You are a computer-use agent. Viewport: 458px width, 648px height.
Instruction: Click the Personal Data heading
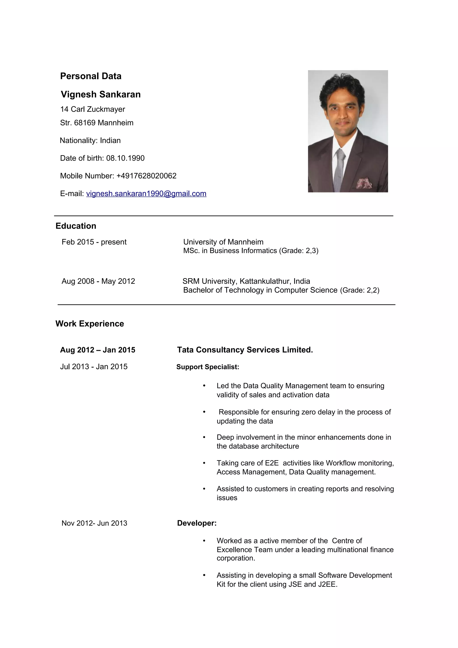(x=91, y=76)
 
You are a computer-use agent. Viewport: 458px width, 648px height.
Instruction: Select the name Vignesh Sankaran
(x=101, y=94)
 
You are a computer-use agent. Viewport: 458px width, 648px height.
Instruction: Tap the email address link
(x=146, y=194)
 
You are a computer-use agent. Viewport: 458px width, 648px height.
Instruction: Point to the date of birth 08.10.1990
(x=125, y=158)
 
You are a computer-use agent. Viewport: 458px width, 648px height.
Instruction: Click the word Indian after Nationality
(x=110, y=141)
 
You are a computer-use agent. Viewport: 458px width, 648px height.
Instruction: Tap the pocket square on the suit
(x=364, y=183)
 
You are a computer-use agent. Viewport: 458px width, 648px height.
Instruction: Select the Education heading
(x=76, y=226)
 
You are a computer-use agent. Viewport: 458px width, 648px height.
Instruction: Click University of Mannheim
(x=223, y=242)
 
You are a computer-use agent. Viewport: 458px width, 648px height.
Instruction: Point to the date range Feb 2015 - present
(x=94, y=242)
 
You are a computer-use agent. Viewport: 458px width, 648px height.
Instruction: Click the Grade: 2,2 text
(x=360, y=290)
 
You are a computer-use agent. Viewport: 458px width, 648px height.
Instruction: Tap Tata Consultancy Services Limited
(x=245, y=350)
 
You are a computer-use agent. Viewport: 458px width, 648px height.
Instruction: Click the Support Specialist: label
(x=208, y=367)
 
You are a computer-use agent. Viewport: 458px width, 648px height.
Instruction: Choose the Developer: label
(x=197, y=523)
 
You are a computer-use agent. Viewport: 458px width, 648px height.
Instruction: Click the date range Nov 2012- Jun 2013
(x=94, y=523)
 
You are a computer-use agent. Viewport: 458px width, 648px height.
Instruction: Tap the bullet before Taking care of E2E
(x=204, y=463)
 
